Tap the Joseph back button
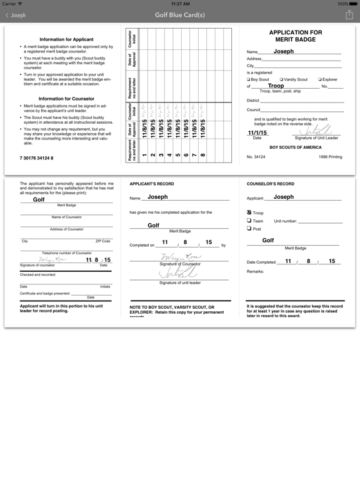(x=16, y=15)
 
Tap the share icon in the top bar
(x=349, y=15)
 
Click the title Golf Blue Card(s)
(x=180, y=15)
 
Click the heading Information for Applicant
(x=66, y=39)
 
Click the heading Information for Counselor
(x=66, y=99)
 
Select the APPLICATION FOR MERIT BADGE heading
(x=295, y=36)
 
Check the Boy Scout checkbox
(x=249, y=79)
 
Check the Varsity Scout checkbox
(x=282, y=79)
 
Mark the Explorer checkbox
(x=320, y=79)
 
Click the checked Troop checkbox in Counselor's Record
(x=249, y=212)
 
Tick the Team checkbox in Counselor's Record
(x=249, y=221)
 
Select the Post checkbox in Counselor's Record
(x=249, y=229)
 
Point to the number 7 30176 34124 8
(x=37, y=158)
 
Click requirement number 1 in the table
(x=144, y=155)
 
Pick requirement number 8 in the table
(x=202, y=155)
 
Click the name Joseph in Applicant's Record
(x=157, y=197)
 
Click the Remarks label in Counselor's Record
(x=256, y=271)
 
